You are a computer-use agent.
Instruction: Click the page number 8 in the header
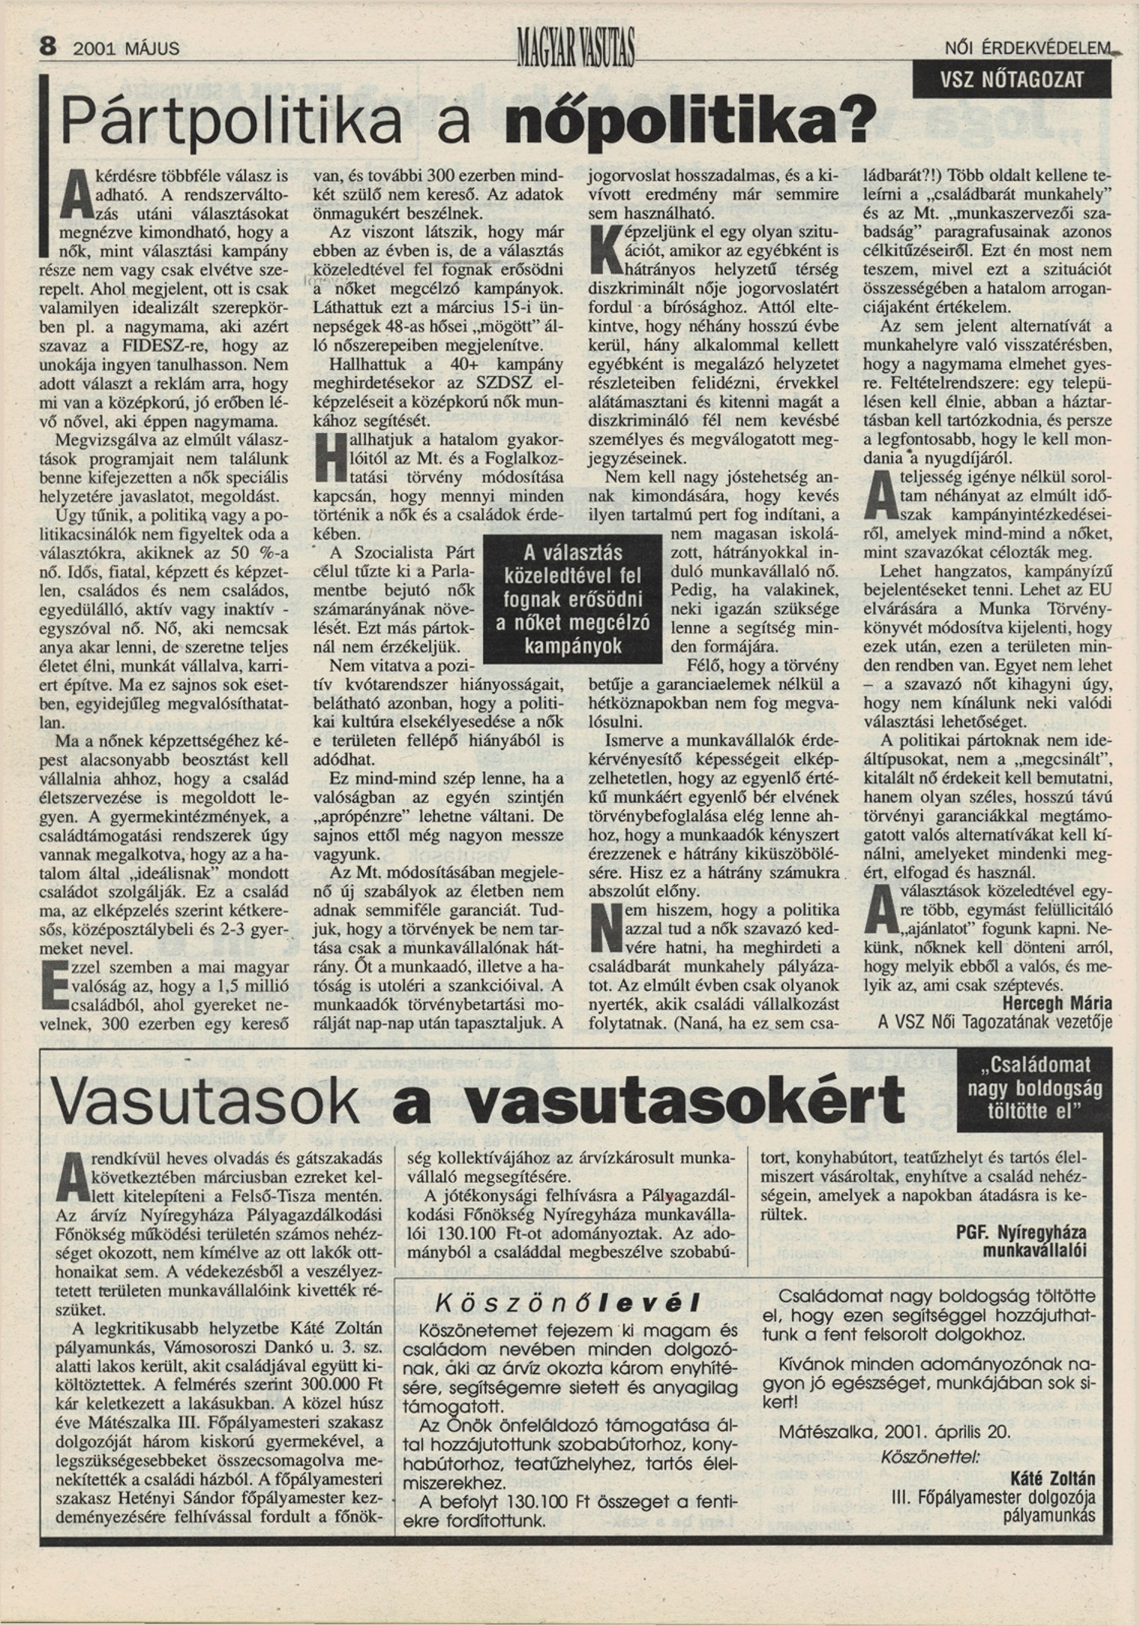48,47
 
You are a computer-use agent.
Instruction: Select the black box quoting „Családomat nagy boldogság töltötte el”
1033,1088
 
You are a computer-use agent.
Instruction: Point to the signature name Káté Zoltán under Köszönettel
1052,1479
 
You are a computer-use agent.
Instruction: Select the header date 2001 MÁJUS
127,49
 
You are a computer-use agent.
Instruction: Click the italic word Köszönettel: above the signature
929,1456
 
